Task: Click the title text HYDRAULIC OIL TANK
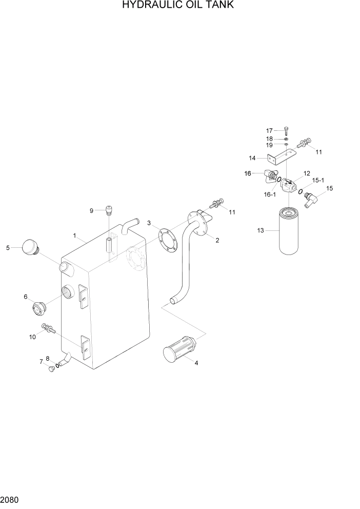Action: (178, 6)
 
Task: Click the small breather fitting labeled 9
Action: (108, 209)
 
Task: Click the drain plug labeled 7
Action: (51, 369)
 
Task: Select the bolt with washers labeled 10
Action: (47, 328)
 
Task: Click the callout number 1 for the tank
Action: (74, 236)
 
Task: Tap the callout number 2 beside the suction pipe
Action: (217, 240)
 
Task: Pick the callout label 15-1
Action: (318, 180)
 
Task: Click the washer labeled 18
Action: (286, 139)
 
